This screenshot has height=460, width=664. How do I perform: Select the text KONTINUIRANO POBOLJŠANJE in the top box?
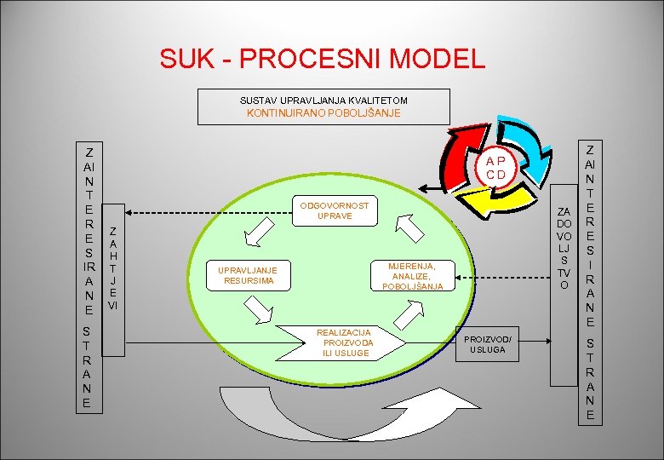click(323, 112)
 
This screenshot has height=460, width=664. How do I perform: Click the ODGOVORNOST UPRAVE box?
click(334, 211)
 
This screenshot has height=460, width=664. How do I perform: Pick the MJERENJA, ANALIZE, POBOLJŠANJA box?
click(412, 276)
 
